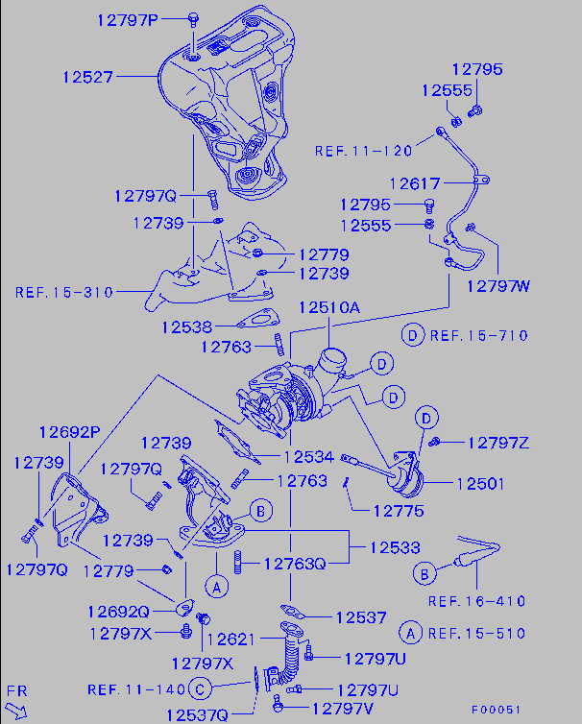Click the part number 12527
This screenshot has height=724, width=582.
point(88,75)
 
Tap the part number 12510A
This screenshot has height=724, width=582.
point(328,308)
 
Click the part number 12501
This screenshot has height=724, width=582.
point(479,484)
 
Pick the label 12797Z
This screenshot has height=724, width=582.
point(499,443)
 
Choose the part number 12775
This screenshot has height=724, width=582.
point(399,511)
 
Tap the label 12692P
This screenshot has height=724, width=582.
point(69,431)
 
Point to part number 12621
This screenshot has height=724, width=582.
point(232,639)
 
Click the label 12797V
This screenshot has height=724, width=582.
point(343,708)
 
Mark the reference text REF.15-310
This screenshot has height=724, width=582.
point(64,291)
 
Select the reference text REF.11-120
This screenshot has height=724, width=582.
point(363,151)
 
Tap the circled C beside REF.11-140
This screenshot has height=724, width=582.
point(199,688)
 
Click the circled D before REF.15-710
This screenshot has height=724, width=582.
point(412,335)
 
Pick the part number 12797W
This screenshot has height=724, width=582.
point(498,285)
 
